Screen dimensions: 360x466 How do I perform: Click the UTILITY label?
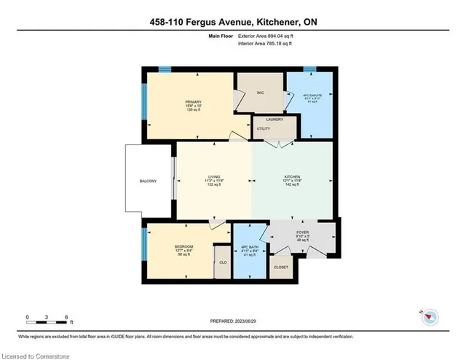(264, 129)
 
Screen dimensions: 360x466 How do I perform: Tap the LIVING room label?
(214, 176)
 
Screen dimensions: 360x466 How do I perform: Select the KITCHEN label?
(292, 176)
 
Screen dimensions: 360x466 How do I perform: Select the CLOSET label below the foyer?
(281, 267)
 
